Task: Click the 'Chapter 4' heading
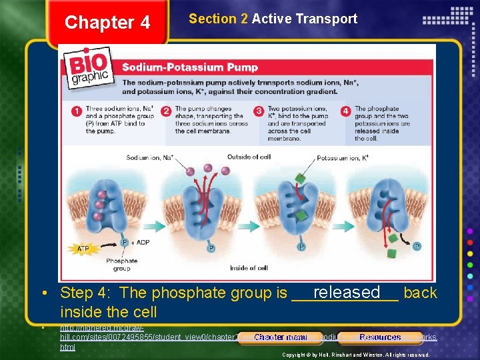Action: tap(107, 23)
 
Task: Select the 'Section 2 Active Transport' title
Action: tap(273, 19)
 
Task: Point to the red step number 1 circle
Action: tap(77, 111)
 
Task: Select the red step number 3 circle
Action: tap(259, 111)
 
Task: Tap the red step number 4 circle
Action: tap(345, 111)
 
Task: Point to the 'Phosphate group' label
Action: tap(121, 265)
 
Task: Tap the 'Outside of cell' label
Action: tap(249, 157)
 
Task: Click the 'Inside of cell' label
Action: tap(249, 268)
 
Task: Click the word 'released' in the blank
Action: tap(346, 292)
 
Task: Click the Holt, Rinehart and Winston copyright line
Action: tap(355, 355)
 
